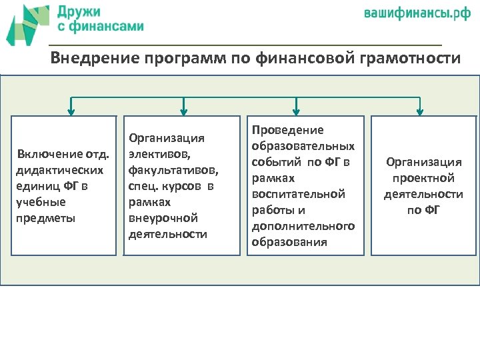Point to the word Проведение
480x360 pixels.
pyautogui.click(x=287, y=130)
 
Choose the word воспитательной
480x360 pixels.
pyautogui.click(x=298, y=194)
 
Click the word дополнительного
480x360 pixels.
pyautogui.click(x=303, y=226)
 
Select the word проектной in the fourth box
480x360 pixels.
pyautogui.click(x=423, y=178)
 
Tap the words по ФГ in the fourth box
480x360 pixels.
pyautogui.click(x=423, y=210)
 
